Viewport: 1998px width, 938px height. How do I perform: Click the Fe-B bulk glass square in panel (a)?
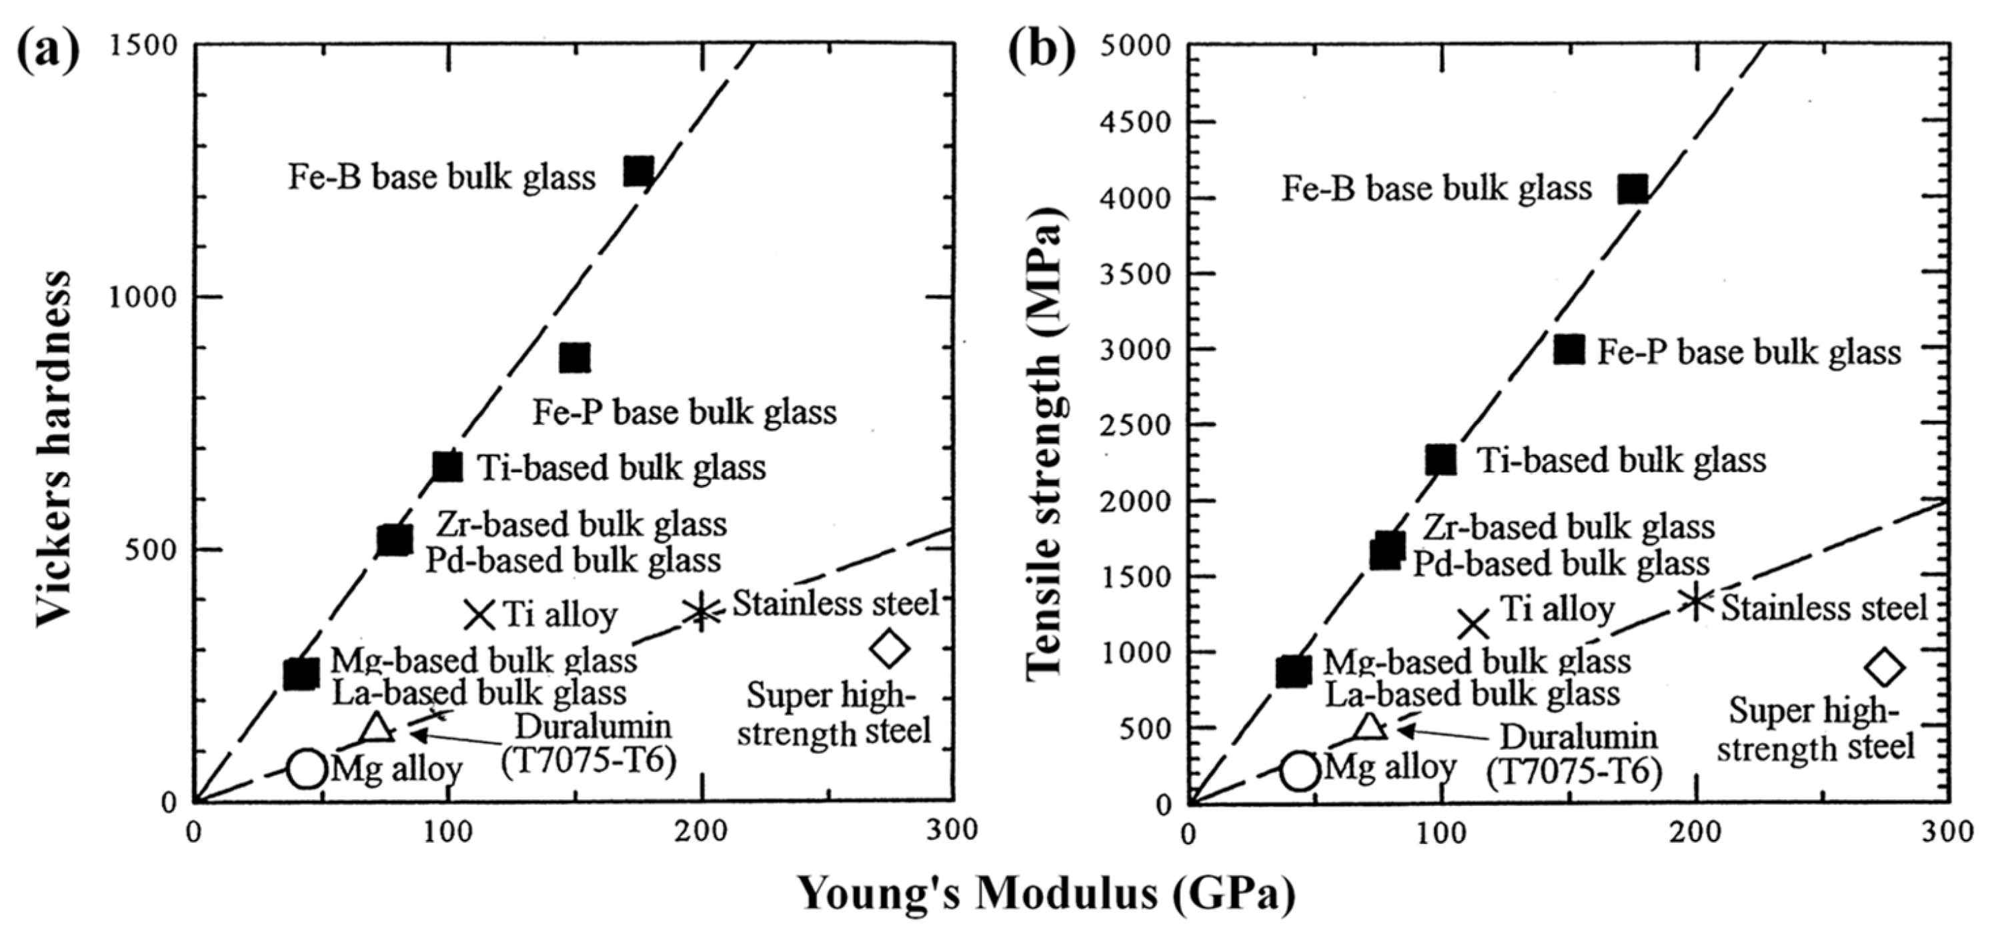pos(638,171)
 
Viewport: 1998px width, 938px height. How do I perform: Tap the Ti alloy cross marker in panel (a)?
pos(480,615)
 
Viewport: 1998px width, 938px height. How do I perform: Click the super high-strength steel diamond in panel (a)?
pos(889,648)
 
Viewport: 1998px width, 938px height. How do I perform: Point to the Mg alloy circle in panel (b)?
pos(1300,771)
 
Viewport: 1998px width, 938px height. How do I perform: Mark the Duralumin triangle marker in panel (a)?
pos(376,728)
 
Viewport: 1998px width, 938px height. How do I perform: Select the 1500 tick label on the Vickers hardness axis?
pos(143,45)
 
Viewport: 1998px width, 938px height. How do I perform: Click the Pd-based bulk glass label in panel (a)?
pos(573,560)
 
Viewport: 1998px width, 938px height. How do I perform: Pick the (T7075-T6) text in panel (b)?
pos(1574,772)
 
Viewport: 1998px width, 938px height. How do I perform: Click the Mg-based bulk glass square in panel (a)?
pos(301,673)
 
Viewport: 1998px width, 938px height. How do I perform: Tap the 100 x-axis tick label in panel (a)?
pos(447,833)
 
